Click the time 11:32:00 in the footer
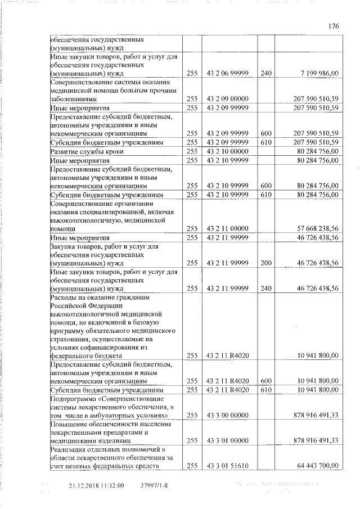[x=112, y=485]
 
